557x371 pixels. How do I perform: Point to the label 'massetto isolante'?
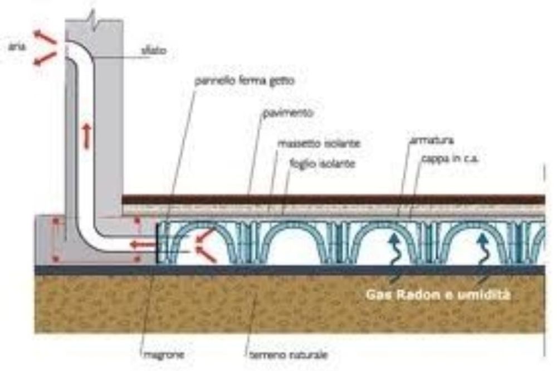[x=319, y=144]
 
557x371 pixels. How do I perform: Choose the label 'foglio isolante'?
[x=315, y=164]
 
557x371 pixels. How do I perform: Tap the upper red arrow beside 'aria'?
[x=45, y=38]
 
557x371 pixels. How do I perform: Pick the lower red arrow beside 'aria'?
[x=45, y=58]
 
